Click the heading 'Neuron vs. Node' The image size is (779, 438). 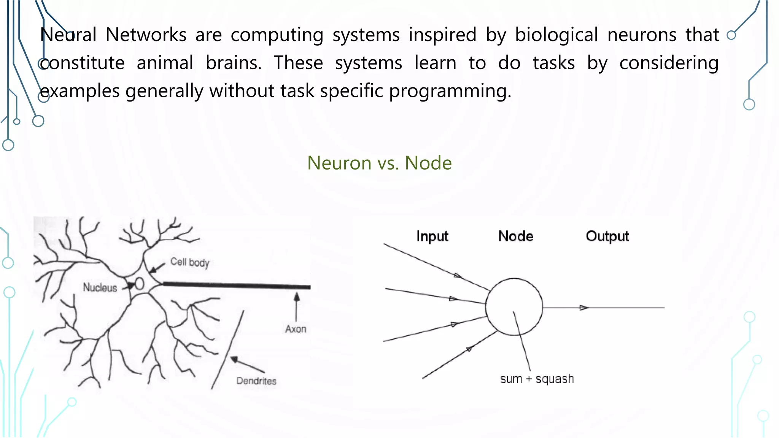click(379, 163)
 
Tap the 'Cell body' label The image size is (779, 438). click(190, 262)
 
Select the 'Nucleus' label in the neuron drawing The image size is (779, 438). click(100, 287)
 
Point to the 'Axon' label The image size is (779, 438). click(296, 329)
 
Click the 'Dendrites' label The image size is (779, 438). click(256, 381)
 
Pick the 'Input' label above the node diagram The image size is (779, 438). click(432, 236)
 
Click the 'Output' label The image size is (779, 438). click(607, 236)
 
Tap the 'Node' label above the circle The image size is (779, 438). click(516, 236)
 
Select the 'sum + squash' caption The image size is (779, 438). click(537, 379)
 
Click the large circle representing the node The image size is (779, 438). click(514, 307)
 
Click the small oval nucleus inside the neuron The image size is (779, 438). click(139, 284)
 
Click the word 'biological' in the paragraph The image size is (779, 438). click(556, 35)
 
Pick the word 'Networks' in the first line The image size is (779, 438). click(146, 35)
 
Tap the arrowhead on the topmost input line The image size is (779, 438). click(458, 276)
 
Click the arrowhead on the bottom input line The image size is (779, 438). click(469, 349)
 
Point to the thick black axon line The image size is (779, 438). click(236, 285)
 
